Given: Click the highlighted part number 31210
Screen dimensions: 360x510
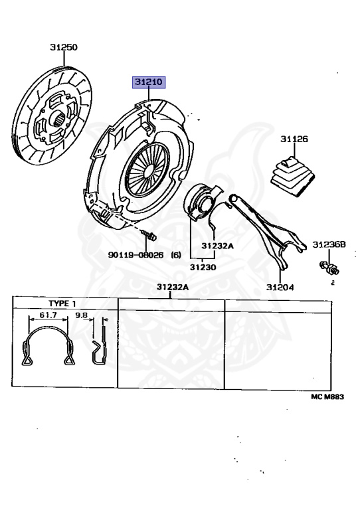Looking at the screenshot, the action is pyautogui.click(x=149, y=82).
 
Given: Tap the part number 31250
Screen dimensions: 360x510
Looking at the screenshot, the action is pyautogui.click(x=64, y=47).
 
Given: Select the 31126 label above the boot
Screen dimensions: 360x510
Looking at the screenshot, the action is pyautogui.click(x=294, y=139).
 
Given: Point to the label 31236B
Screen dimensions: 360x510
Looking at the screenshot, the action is pyautogui.click(x=329, y=244).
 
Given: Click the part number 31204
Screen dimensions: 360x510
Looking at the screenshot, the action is pyautogui.click(x=280, y=287).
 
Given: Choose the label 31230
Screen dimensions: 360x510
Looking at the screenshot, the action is pyautogui.click(x=203, y=267).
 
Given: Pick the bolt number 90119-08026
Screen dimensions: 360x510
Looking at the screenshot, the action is pyautogui.click(x=135, y=255).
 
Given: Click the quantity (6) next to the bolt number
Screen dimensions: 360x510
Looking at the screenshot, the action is pyautogui.click(x=176, y=255).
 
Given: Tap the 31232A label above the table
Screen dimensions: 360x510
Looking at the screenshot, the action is pyautogui.click(x=173, y=287).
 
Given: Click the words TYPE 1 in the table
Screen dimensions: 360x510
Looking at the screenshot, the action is pyautogui.click(x=62, y=303).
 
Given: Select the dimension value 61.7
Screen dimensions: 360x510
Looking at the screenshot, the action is pyautogui.click(x=48, y=315).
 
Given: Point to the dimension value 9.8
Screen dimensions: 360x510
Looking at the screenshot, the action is pyautogui.click(x=81, y=315).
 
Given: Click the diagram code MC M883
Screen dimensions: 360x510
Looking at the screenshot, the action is pyautogui.click(x=327, y=396).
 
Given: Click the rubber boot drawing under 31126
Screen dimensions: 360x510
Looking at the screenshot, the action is pyautogui.click(x=292, y=175).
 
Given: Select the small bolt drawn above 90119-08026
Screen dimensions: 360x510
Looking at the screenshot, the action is pyautogui.click(x=149, y=235).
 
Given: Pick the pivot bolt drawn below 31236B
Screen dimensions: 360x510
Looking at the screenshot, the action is pyautogui.click(x=329, y=268).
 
